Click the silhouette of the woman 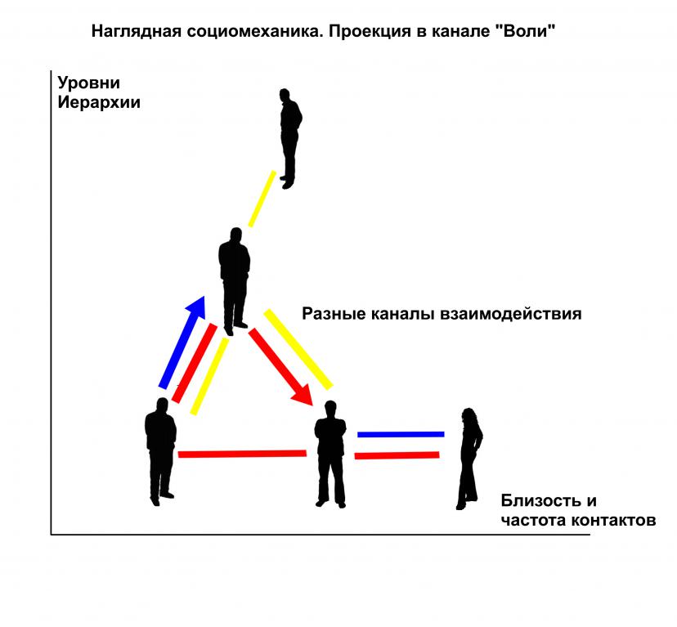point(469,458)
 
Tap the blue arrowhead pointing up point(196,307)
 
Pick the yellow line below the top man point(262,199)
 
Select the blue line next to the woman point(401,434)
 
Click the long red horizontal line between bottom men point(241,453)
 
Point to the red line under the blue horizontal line point(397,455)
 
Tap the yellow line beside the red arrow point(298,347)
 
